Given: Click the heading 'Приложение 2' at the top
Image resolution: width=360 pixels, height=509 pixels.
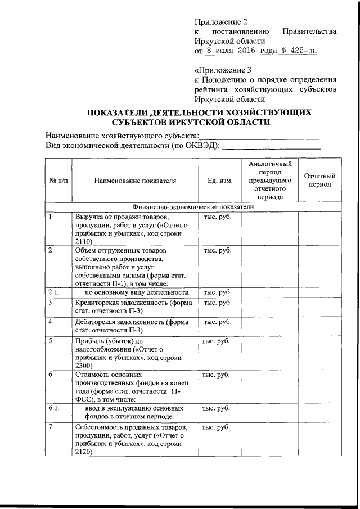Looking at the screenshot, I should tap(220, 22).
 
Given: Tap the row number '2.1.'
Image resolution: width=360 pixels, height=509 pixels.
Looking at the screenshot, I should tap(54, 292).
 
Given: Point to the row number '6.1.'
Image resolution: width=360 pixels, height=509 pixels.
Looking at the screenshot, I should tap(54, 407).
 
